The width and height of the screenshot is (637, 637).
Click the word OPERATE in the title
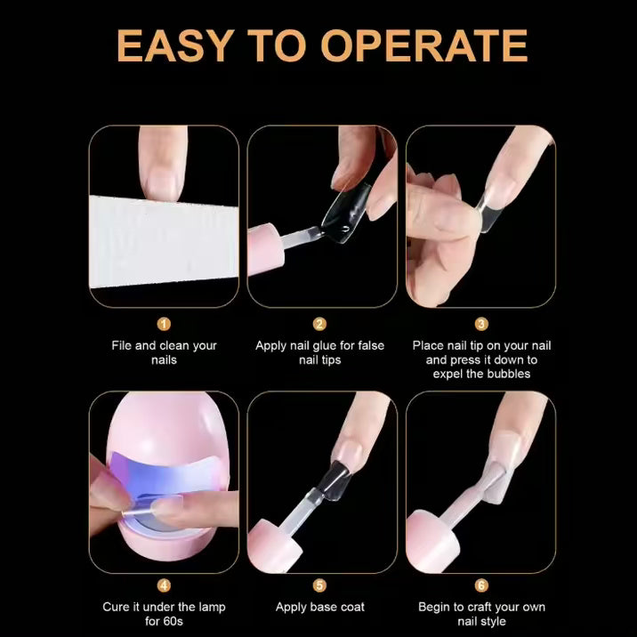coord(424,45)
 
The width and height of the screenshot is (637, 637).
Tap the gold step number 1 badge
coord(164,324)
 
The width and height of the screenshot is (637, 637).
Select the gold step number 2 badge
coord(319,324)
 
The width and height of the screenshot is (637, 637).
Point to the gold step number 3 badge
coord(481,324)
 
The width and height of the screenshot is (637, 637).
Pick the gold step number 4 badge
coord(164,585)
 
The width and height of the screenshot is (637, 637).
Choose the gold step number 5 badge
coord(319,585)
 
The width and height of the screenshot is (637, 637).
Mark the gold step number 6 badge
coord(481,585)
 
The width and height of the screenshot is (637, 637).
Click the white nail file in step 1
coord(164,242)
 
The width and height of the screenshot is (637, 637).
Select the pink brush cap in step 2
coord(265,248)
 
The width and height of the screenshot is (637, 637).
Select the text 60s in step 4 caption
coord(173,621)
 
